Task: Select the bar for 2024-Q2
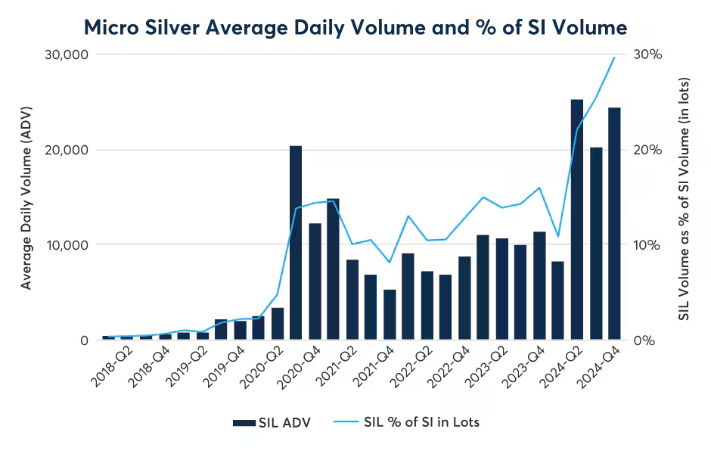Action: tap(577, 219)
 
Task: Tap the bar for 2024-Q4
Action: tap(614, 224)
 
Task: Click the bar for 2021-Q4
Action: tap(390, 315)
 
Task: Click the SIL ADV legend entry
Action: tap(277, 422)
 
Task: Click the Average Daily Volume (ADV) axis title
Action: tap(27, 197)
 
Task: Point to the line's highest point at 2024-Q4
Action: tap(614, 58)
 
